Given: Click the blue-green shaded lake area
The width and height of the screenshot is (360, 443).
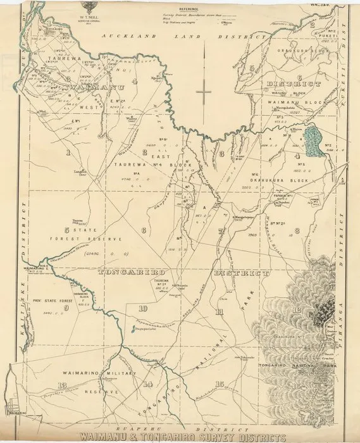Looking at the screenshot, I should (310, 141).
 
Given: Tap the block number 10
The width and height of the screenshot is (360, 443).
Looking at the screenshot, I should (144, 308).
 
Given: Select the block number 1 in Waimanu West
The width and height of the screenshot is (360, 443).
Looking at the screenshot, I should (68, 153).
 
